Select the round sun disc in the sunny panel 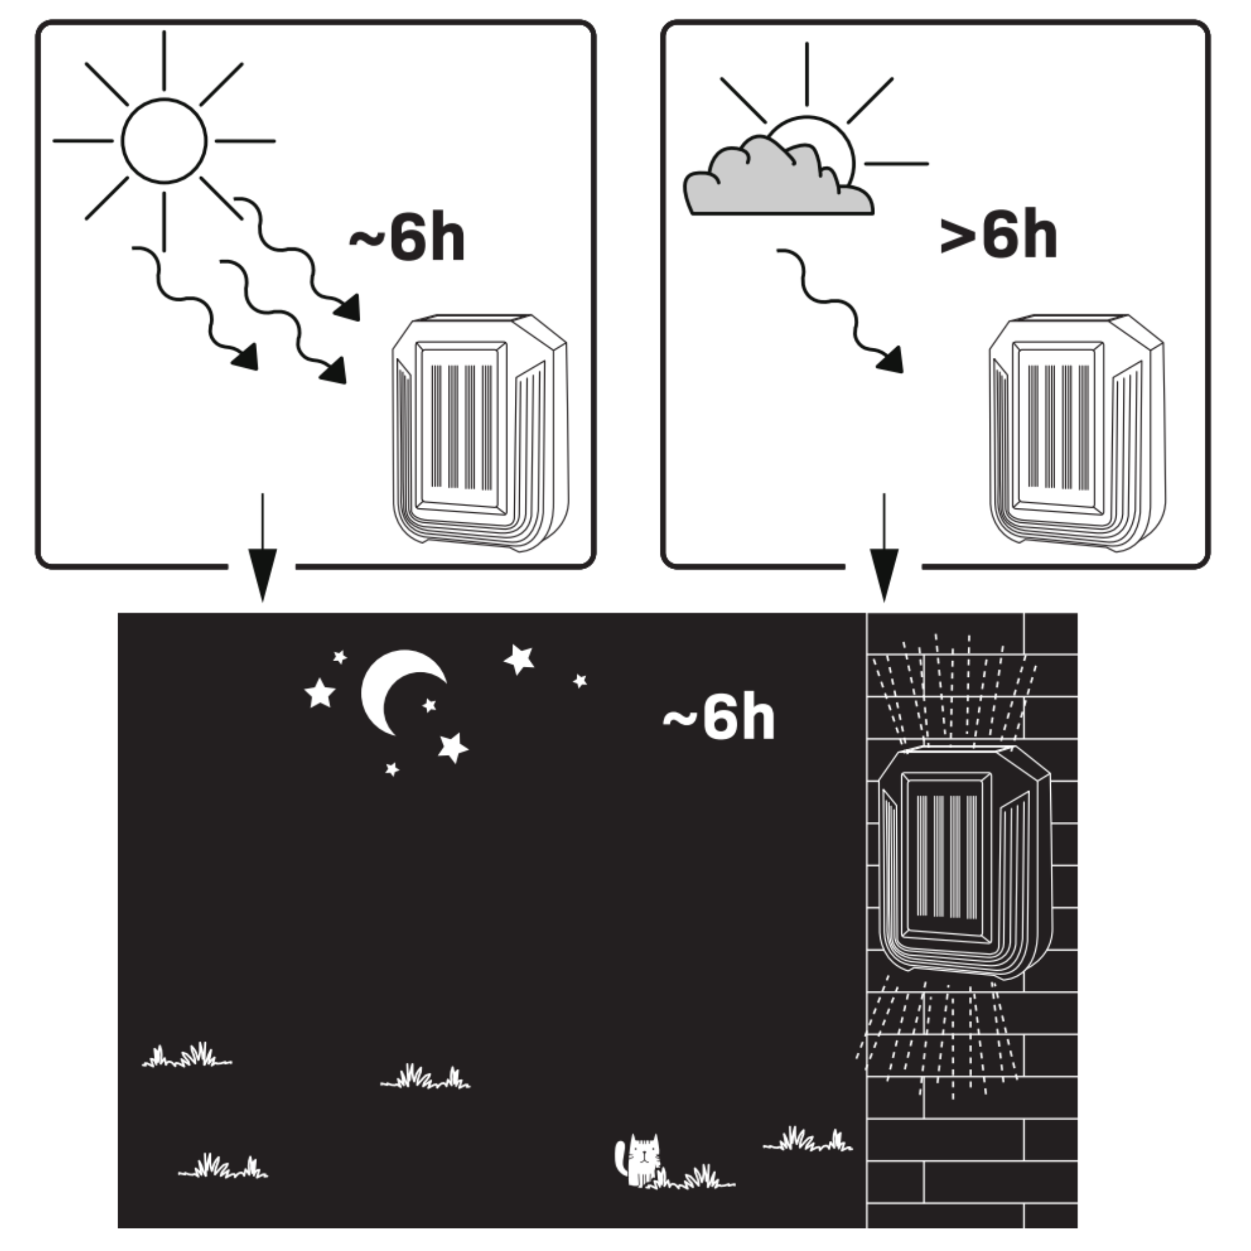[165, 141]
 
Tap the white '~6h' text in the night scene [719, 718]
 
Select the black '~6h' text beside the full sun [407, 237]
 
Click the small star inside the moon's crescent [428, 705]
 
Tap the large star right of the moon [519, 659]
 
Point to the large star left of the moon [320, 694]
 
